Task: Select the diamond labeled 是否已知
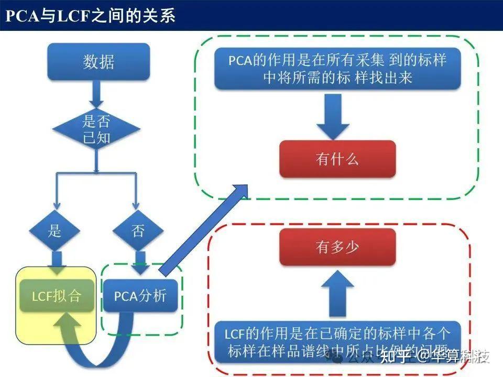[96, 130]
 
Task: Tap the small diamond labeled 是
[55, 231]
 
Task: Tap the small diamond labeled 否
[138, 231]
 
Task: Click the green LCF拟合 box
[56, 296]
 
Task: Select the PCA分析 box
[140, 296]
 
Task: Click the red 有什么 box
[337, 159]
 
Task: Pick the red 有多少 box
[337, 248]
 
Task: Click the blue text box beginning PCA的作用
[337, 68]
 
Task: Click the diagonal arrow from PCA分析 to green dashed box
[204, 230]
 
